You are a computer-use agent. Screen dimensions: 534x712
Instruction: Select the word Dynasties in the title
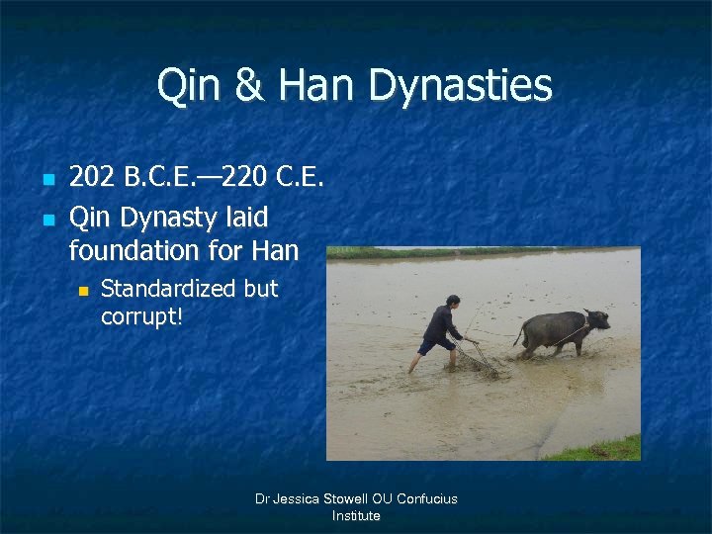pyautogui.click(x=461, y=86)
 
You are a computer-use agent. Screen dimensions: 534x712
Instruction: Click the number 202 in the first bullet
pyautogui.click(x=91, y=177)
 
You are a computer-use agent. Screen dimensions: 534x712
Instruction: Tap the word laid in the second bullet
pyautogui.click(x=246, y=215)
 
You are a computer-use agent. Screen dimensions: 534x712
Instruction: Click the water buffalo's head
pyautogui.click(x=595, y=321)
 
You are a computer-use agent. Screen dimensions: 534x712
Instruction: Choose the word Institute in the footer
pyautogui.click(x=356, y=515)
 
